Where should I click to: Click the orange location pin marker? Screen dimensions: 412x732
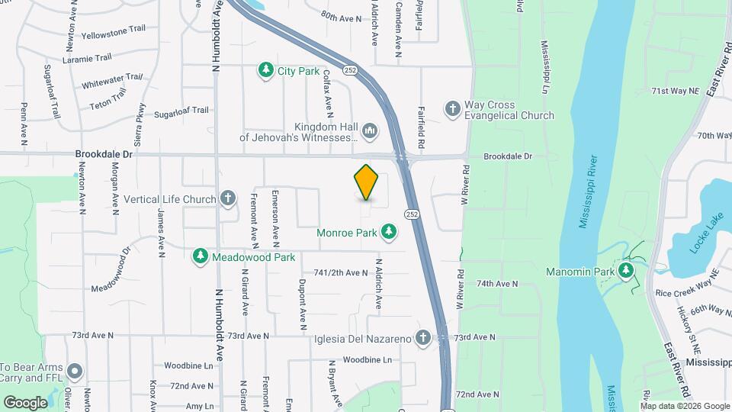point(366,182)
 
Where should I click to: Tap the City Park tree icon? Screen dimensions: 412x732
point(265,71)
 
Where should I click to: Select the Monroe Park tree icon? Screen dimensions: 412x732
point(389,231)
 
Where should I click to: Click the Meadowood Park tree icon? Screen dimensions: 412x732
point(201,256)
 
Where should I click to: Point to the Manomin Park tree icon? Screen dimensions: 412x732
point(626,271)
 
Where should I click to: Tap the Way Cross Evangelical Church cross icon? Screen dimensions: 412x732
point(452,109)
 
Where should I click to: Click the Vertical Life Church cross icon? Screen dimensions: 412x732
point(227,199)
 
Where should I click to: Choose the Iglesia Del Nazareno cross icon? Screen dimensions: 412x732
point(423,338)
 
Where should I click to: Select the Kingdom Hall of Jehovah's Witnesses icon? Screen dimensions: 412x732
point(370,132)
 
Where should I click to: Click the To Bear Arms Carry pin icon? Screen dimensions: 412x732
point(74,372)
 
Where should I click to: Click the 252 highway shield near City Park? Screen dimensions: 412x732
point(349,70)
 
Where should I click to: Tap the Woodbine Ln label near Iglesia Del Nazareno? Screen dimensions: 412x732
point(366,359)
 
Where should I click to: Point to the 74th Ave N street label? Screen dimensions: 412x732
point(496,284)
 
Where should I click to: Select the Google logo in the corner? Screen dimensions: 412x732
point(25,402)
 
